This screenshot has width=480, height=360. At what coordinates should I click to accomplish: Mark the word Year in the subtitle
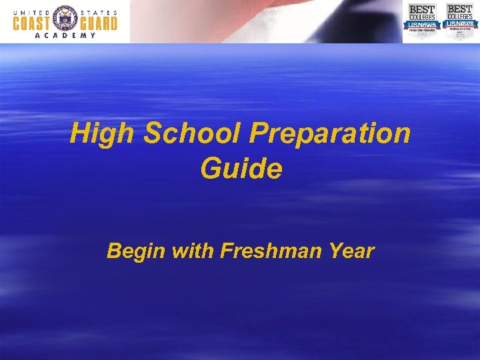[351, 251]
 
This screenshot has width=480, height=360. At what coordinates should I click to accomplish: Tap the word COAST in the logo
[33, 23]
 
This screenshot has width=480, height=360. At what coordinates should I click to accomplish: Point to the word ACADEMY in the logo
[65, 36]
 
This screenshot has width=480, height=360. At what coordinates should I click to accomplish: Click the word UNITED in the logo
[33, 11]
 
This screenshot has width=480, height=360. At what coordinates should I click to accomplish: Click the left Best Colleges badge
[421, 21]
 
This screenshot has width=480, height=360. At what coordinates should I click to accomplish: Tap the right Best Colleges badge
[459, 21]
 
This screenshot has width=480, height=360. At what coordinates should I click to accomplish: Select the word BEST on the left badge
[421, 9]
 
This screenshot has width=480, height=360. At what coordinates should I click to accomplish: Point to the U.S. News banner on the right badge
[459, 24]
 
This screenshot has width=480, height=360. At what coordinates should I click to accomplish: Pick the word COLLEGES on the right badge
[459, 17]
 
